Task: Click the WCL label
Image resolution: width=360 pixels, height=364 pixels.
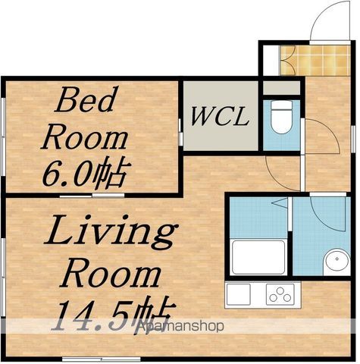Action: point(219,117)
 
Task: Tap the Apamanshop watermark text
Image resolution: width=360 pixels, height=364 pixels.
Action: point(180,326)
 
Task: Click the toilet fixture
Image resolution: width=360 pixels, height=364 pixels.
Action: point(282,117)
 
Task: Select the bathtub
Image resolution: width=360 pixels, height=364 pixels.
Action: point(258,257)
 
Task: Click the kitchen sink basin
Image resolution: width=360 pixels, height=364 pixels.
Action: point(239,294)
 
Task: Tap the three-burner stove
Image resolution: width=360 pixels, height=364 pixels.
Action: point(280,294)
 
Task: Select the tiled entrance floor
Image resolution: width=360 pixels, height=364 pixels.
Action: point(315,61)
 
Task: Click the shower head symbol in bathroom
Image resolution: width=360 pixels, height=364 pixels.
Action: point(280,202)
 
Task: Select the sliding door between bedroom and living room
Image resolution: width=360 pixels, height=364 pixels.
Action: point(92,196)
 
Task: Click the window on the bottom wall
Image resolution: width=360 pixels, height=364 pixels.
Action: point(102,359)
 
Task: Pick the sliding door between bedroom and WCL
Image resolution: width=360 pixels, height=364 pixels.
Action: point(180,132)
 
